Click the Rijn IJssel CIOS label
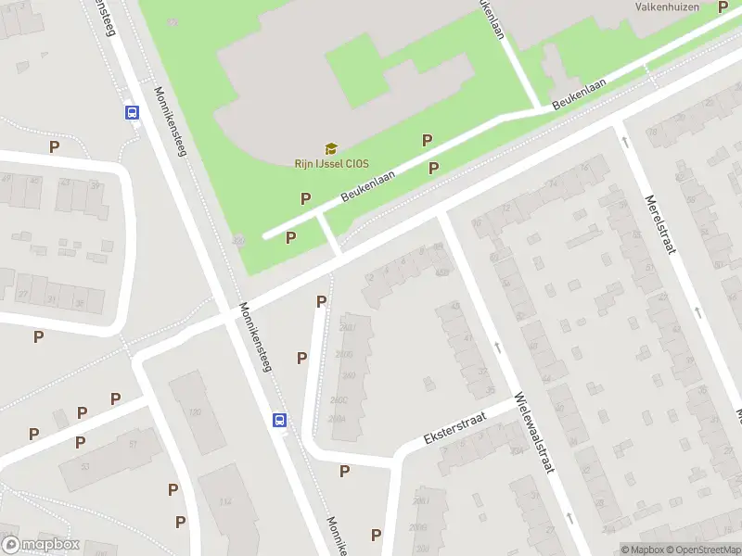tap(331, 164)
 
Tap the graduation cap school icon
tap(331, 148)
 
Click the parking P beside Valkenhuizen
tap(723, 7)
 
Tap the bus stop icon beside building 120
tap(279, 420)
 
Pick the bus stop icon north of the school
tap(132, 112)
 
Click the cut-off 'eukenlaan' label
tap(491, 19)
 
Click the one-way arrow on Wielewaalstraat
tap(498, 347)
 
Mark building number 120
tap(195, 411)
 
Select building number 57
tap(133, 444)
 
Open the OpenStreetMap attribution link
tap(703, 550)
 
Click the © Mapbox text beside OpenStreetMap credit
tap(642, 550)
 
